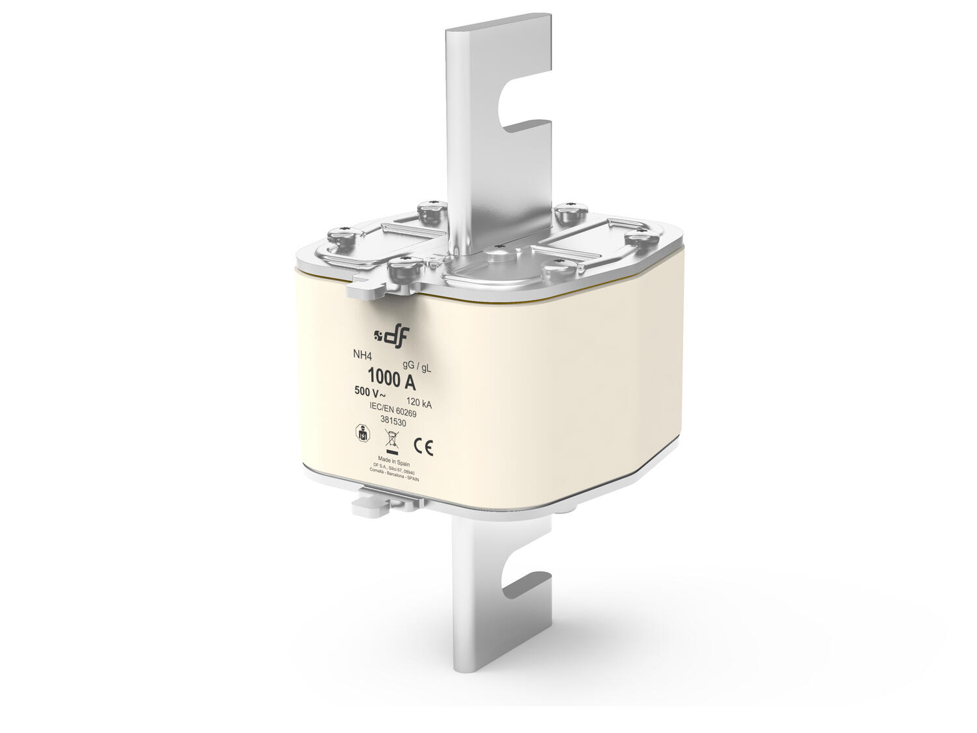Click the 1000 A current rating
[391, 377]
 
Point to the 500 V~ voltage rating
[370, 393]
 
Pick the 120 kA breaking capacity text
[419, 402]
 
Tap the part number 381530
[393, 422]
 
